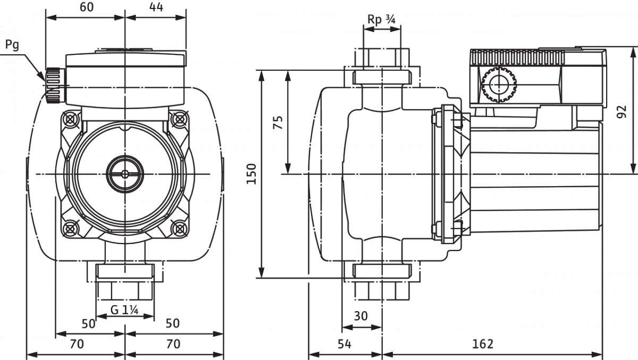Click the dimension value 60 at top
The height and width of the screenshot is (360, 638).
coord(87,7)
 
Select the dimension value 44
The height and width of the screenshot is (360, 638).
coord(156,7)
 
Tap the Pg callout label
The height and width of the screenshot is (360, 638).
coord(12,45)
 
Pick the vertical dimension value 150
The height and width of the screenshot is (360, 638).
coord(251,174)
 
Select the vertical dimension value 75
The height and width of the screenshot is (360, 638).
coord(278,122)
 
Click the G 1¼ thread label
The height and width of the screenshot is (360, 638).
coord(124,310)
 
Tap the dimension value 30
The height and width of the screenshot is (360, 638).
coord(361,316)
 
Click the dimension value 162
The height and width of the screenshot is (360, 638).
coord(483,344)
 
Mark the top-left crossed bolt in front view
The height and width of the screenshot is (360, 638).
coord(70,119)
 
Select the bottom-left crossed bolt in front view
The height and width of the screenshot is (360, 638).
coord(70,228)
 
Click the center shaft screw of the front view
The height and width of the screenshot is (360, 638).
coord(125,174)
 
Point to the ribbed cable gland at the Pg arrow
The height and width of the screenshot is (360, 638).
coord(53,86)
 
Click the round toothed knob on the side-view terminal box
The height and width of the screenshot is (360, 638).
coord(499,85)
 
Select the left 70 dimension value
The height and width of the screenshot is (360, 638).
coord(77,345)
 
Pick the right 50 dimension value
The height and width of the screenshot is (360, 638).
coord(173,323)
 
